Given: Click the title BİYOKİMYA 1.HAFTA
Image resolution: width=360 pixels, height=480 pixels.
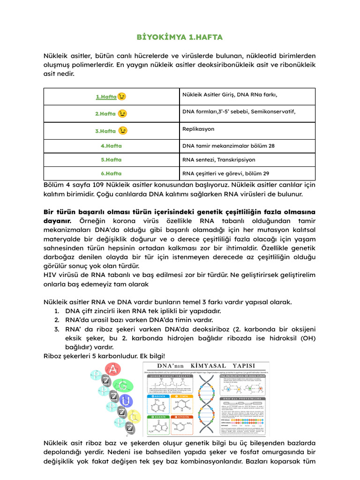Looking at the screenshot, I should pos(180,37).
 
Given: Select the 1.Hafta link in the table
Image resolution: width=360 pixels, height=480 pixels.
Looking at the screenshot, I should pos(106,97).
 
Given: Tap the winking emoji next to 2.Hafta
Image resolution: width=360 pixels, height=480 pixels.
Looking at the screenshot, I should pos(122,114).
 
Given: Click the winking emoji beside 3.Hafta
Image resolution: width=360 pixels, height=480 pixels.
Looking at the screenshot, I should pos(122,131).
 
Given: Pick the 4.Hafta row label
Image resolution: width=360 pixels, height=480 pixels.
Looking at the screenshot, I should pos(111,146).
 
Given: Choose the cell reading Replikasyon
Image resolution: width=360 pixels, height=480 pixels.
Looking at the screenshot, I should pos(198,128).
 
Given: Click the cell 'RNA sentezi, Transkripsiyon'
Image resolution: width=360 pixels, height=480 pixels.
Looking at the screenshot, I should pos(218,160).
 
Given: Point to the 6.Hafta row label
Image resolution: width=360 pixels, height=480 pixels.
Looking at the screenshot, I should pos(111,173).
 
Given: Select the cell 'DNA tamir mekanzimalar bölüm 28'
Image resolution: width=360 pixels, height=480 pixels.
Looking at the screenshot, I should pos(228,146).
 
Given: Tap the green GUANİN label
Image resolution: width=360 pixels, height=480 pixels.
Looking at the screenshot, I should pos(159,417).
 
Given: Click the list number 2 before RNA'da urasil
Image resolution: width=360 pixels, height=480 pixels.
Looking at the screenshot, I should pos(56,320).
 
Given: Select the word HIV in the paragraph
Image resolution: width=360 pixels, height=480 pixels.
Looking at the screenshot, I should pos(50,275).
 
